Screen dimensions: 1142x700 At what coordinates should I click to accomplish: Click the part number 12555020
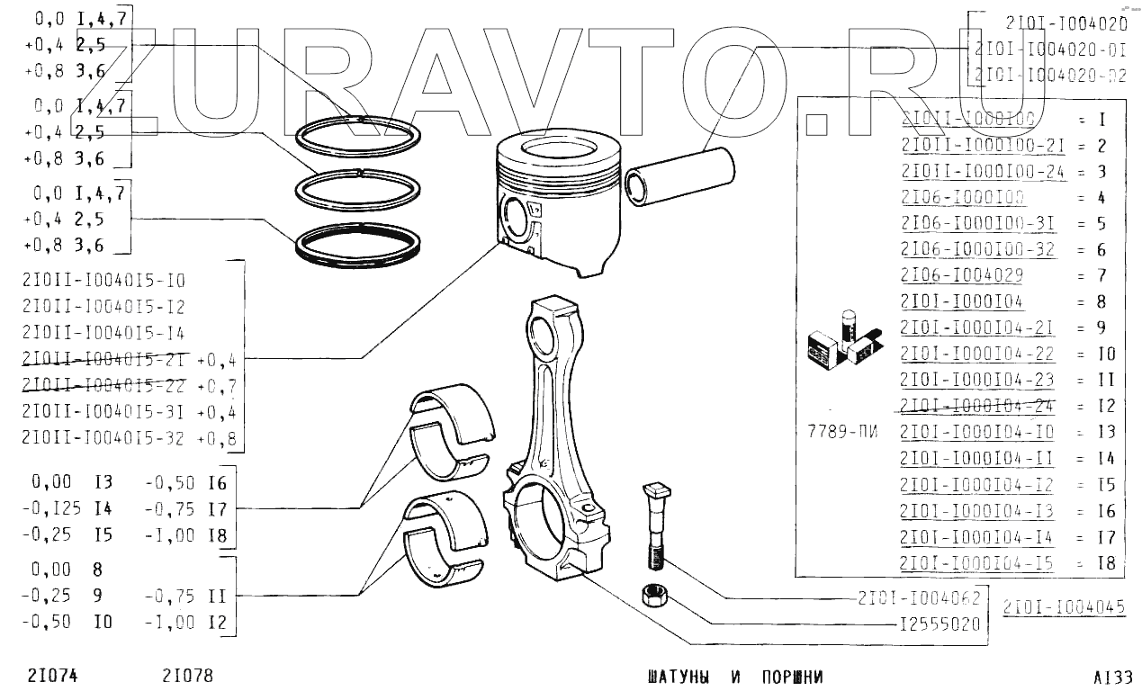click(x=939, y=624)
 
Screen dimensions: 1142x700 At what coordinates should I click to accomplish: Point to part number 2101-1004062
click(x=918, y=597)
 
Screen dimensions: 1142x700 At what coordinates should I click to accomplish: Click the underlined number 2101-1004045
click(x=1064, y=606)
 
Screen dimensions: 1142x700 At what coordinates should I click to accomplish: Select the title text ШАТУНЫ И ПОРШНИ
click(x=734, y=677)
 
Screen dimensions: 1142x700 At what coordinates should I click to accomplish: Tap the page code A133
click(x=1113, y=677)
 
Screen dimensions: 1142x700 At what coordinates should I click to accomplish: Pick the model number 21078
click(x=188, y=676)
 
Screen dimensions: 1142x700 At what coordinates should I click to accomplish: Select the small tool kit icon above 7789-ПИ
click(x=842, y=341)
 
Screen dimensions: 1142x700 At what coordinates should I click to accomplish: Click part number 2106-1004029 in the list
click(x=961, y=275)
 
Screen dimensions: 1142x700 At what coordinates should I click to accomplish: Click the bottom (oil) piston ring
click(x=359, y=243)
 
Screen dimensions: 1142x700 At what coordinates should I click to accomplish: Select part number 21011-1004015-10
click(x=103, y=280)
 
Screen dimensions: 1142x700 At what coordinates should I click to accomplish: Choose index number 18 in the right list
click(x=1106, y=563)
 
